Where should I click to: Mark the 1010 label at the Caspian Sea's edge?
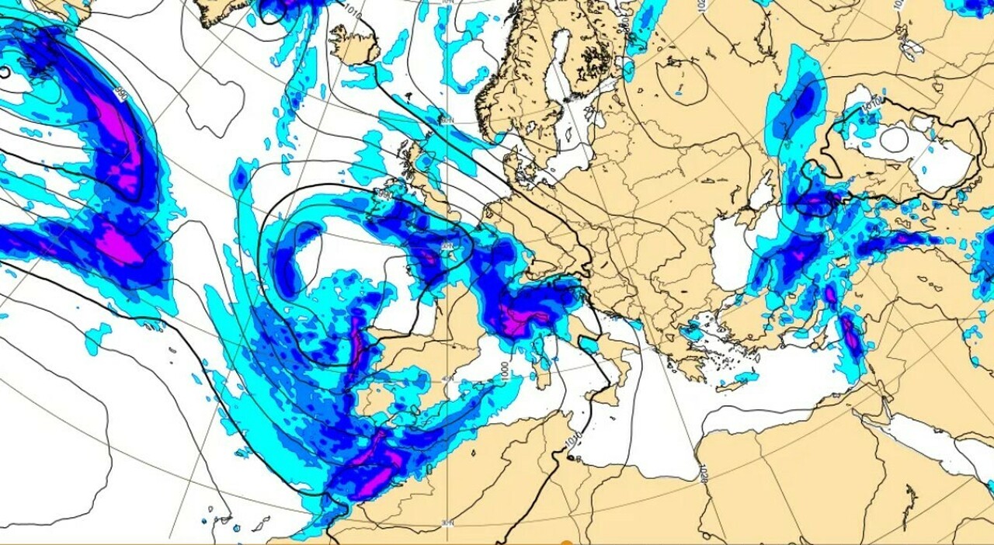[873, 102]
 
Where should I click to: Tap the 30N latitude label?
[447, 522]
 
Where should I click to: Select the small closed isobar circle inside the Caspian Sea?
[894, 139]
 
